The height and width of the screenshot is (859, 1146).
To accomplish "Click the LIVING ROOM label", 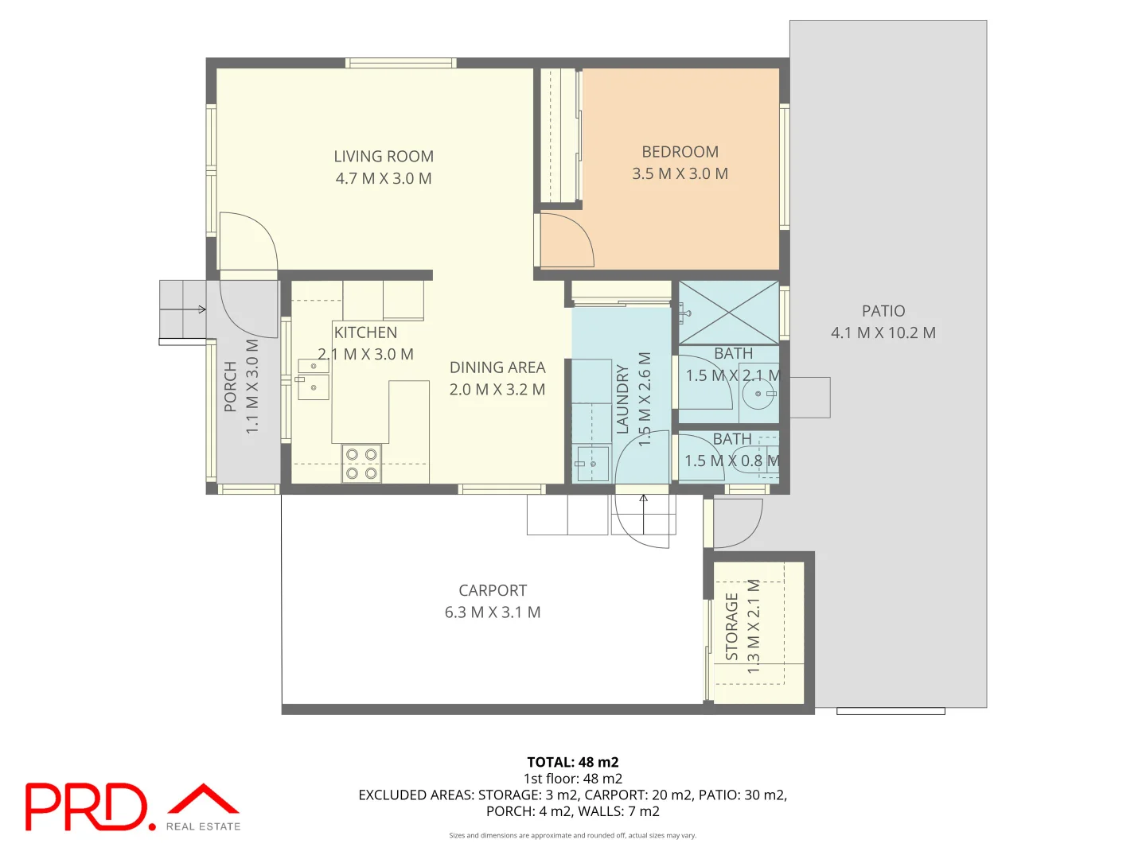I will point(384,157).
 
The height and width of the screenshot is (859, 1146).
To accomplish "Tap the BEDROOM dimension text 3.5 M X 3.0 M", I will point(680,174).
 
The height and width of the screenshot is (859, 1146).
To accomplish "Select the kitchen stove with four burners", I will point(361,464).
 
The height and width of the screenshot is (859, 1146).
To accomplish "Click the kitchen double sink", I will point(313,378).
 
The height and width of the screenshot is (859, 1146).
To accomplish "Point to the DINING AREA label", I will point(497,367).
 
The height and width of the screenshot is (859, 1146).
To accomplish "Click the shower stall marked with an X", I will point(728,313).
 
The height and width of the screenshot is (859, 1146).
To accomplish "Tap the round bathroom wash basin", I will point(758,393).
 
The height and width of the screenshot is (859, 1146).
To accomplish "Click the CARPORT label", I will point(493,590).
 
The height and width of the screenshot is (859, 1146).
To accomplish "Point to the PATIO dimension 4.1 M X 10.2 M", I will point(883,333).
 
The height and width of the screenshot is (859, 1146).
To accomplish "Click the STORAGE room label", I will point(732,627).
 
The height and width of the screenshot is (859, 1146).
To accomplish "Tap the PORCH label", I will point(231,387).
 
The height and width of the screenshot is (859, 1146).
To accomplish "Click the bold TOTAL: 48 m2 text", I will point(572,762).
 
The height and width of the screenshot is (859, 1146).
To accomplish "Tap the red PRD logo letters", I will point(86,807).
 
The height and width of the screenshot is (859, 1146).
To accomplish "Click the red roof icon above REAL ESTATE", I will point(204,799).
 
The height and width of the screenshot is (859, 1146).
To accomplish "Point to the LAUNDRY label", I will point(622,399).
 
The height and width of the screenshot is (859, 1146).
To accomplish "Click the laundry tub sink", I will point(592,464).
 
